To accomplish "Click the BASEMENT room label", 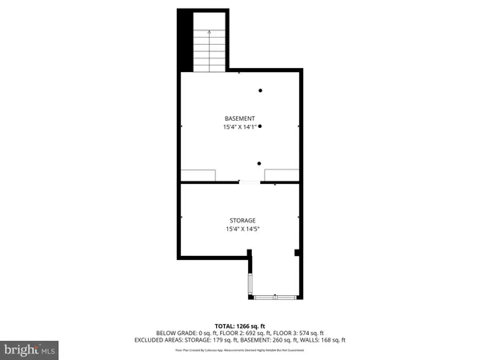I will [x=240, y=118].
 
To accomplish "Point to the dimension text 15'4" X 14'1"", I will [x=240, y=127].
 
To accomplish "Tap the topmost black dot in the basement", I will [x=260, y=90].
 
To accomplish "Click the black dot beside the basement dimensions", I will [x=260, y=126].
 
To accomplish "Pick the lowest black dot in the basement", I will [x=260, y=163].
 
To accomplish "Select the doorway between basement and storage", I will [x=249, y=183].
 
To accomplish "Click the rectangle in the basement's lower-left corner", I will [x=198, y=175].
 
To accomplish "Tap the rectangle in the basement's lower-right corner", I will [x=282, y=175].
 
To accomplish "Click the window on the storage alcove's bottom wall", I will [x=275, y=298].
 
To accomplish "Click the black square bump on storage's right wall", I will [x=298, y=254].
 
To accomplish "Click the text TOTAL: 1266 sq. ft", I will [x=240, y=326].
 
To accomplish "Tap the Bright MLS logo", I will [x=30, y=349].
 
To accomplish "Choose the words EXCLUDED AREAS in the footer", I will [x=158, y=340].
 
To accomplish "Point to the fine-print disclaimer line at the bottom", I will [x=240, y=350].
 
